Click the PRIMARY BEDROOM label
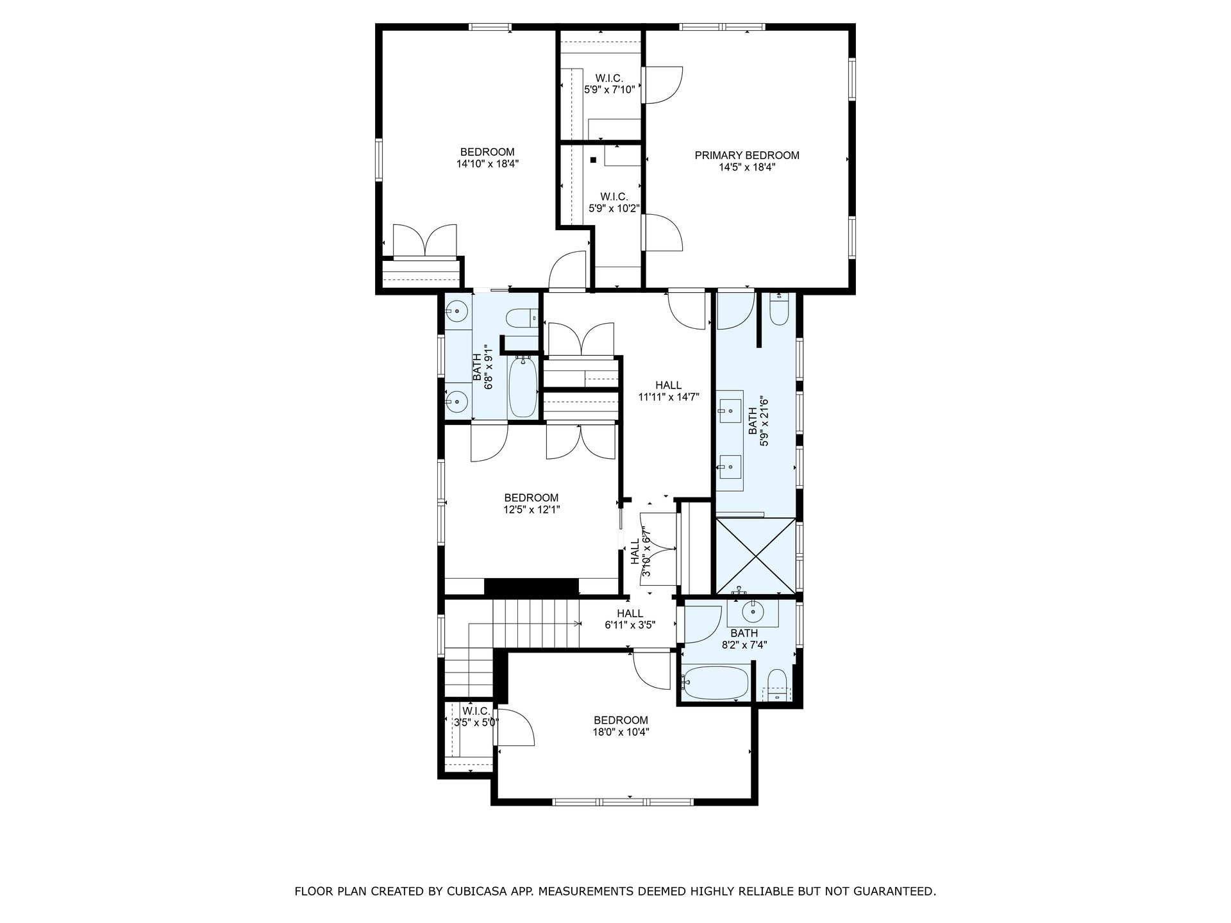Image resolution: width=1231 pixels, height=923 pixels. pos(747,155)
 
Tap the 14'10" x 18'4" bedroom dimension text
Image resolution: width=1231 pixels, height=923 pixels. pos(487,163)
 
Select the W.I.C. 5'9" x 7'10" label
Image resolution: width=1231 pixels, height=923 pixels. pos(609,84)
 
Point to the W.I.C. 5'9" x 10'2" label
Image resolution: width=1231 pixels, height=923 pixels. pos(614,202)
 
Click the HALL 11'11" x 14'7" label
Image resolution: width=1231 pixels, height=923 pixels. pos(669,391)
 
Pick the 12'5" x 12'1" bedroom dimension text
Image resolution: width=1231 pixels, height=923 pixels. pos(532,510)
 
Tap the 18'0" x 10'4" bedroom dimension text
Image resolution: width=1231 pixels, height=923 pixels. pos(621,732)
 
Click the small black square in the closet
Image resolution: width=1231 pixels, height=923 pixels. pos(594,160)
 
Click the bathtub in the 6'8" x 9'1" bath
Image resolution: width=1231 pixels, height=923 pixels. pos(523,387)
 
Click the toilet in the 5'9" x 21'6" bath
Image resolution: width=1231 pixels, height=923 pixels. pos(779,308)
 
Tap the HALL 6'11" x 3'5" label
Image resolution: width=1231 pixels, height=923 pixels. pos(630,619)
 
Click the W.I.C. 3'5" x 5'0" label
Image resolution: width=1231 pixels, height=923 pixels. pos(473,717)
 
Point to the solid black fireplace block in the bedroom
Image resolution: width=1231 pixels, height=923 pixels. pos(532,587)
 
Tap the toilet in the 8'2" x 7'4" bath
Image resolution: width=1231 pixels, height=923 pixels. pos(776,685)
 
